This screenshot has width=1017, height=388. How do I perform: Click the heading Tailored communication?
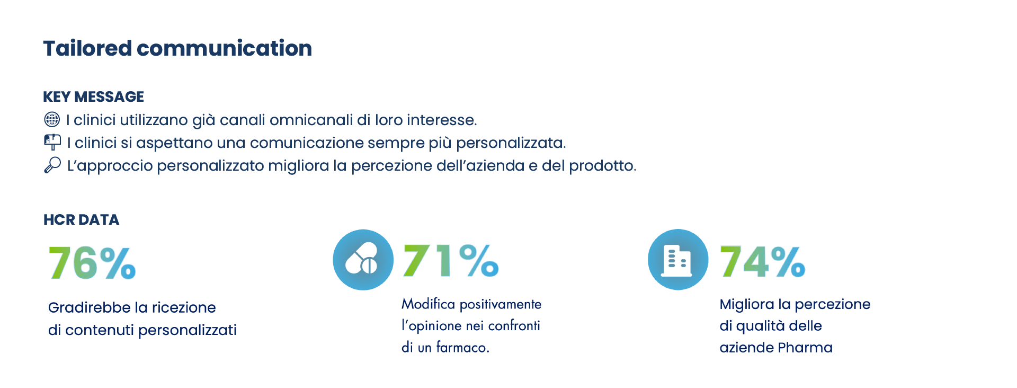click(x=177, y=48)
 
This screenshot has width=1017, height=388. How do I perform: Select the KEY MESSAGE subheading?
click(x=93, y=96)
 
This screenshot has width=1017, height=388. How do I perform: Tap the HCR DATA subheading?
click(x=81, y=219)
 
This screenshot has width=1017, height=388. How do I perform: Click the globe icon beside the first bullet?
click(x=52, y=119)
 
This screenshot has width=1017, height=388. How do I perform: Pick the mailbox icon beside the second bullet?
click(x=52, y=142)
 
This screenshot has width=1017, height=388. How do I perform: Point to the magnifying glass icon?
click(x=52, y=165)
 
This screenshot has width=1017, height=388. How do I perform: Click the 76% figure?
click(x=92, y=263)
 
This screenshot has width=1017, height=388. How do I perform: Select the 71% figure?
click(x=451, y=260)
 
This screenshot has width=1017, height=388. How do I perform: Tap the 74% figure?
click(x=762, y=261)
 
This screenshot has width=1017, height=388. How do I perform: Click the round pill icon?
click(x=363, y=260)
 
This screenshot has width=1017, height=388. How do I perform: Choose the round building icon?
click(x=678, y=260)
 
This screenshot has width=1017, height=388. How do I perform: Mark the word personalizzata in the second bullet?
click(x=511, y=143)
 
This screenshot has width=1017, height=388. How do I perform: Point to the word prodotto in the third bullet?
click(x=602, y=166)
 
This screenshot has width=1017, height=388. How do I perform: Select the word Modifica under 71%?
click(x=429, y=304)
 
